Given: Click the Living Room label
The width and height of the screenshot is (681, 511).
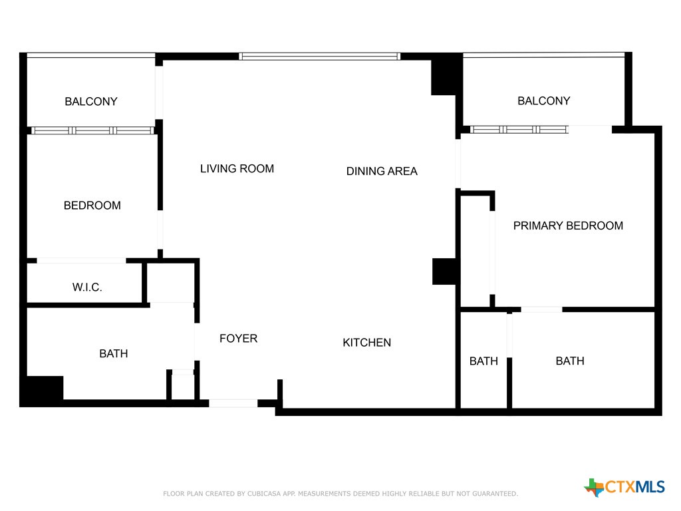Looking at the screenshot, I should pyautogui.click(x=237, y=169).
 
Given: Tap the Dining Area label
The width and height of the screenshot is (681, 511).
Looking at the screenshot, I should pyautogui.click(x=382, y=172).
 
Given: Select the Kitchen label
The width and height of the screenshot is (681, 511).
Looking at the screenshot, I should pyautogui.click(x=366, y=343).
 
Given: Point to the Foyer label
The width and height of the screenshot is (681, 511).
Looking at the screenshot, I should pyautogui.click(x=238, y=339).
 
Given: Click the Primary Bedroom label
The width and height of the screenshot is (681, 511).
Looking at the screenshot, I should pyautogui.click(x=568, y=226).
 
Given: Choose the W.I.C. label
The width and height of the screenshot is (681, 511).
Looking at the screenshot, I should pyautogui.click(x=87, y=288).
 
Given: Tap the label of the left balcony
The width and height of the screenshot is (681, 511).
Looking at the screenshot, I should pyautogui.click(x=90, y=102).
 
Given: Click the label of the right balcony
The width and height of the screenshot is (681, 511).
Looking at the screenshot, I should pyautogui.click(x=543, y=101).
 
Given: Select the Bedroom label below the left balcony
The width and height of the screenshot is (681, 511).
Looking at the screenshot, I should pyautogui.click(x=92, y=206).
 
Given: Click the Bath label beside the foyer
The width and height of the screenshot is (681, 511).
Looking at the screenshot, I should pyautogui.click(x=113, y=354).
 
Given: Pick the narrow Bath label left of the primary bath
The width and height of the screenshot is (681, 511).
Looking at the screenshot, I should pyautogui.click(x=483, y=361).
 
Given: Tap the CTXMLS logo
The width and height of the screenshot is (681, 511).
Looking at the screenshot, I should pyautogui.click(x=624, y=487).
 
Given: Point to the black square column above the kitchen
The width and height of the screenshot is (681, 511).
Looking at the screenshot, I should pyautogui.click(x=444, y=271).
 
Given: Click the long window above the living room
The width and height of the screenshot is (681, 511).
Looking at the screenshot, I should pyautogui.click(x=319, y=57).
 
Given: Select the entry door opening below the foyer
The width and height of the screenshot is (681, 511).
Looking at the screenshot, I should pyautogui.click(x=233, y=403).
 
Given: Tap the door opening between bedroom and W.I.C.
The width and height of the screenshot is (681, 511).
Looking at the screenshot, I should pyautogui.click(x=81, y=260).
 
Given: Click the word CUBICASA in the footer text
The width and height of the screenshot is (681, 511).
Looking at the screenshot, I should pyautogui.click(x=263, y=494).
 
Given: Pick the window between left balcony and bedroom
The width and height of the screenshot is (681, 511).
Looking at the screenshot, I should pyautogui.click(x=93, y=130).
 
